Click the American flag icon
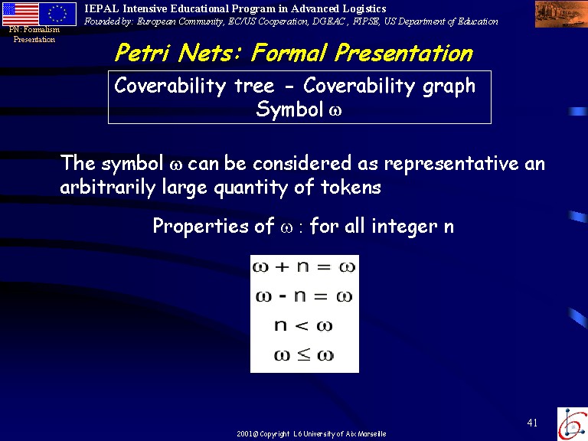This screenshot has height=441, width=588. pos(20,14)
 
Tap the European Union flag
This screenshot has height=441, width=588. pos(57,14)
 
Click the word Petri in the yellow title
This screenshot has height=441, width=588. pos(142,53)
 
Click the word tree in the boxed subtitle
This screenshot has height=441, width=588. pos(254,86)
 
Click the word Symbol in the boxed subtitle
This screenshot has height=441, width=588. pos(289,109)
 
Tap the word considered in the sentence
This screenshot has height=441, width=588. pos(302,163)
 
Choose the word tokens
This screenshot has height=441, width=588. pos(351,187)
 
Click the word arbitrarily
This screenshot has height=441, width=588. pos(108,187)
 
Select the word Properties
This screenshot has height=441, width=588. pos(201,227)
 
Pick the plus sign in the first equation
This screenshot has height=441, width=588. pos(282,267)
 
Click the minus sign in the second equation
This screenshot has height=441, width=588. pos(283,296)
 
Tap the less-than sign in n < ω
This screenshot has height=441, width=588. pos(301,326)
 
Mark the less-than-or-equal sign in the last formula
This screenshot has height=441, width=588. pos(304,354)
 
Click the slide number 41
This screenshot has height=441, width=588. pos(533,423)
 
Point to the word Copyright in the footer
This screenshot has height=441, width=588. pos(275,434)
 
